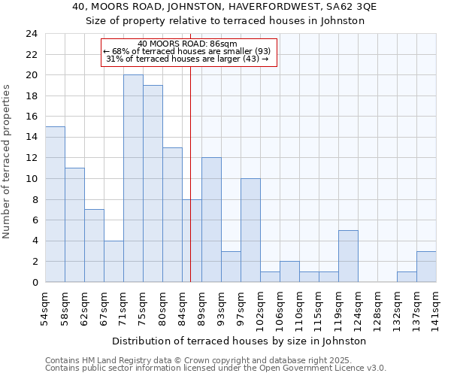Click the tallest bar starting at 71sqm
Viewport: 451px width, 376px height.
point(133,178)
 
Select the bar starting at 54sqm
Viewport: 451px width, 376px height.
point(55,204)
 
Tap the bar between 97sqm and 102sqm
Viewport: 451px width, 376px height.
point(250,230)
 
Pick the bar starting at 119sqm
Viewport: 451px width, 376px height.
point(348,256)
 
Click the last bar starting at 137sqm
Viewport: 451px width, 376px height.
point(426,266)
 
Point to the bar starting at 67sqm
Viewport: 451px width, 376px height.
point(114,261)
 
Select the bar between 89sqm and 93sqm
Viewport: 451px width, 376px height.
point(211,220)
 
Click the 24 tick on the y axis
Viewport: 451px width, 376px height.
point(32,34)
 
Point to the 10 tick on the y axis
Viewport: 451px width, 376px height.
point(32,179)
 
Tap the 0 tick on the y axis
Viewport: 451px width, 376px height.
point(35,282)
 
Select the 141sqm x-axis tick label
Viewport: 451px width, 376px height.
point(436,308)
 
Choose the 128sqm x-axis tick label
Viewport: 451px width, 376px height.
point(377,308)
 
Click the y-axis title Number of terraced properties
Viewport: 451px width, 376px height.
point(8,161)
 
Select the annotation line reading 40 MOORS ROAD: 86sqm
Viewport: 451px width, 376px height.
point(188,44)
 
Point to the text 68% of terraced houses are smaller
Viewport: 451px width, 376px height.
point(188,51)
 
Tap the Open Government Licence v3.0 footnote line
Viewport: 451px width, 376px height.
point(216,368)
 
